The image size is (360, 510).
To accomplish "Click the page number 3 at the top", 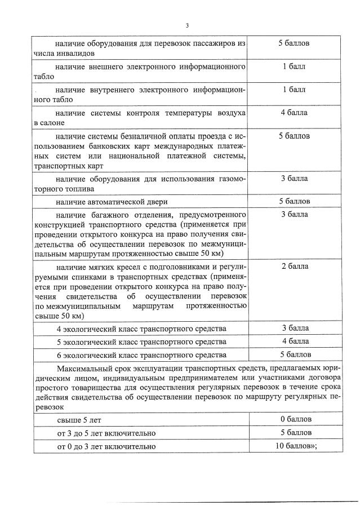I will click(x=186, y=25).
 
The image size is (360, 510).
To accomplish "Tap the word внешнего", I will click(x=107, y=67).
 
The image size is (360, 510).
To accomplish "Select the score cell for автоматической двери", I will click(x=294, y=201).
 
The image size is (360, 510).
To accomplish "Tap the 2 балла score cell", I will click(x=294, y=266).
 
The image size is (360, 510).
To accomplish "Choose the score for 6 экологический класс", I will click(x=294, y=354).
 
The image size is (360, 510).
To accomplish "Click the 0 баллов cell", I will click(x=294, y=419).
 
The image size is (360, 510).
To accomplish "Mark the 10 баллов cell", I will click(x=294, y=446).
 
